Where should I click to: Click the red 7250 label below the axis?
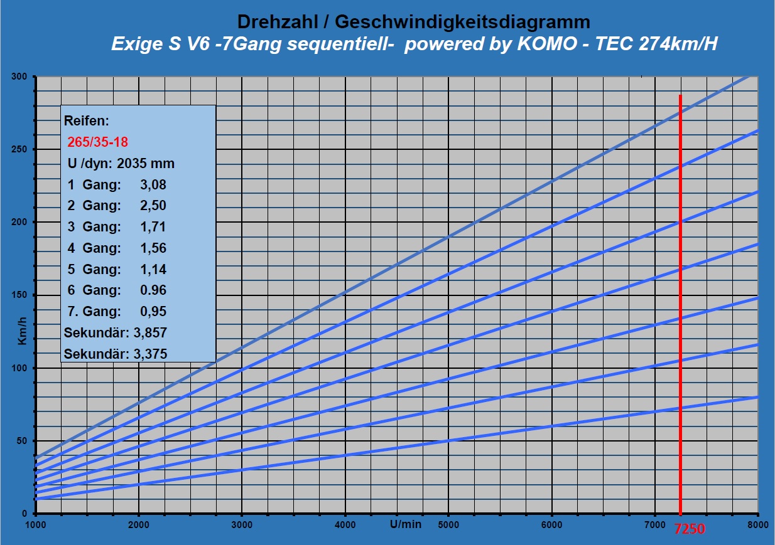[x=690, y=529]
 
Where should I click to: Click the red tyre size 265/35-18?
[x=97, y=142]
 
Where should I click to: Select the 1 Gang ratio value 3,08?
[x=154, y=184]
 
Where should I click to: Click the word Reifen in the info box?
[x=88, y=120]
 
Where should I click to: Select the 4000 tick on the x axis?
[x=345, y=524]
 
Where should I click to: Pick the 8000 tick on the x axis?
[x=757, y=524]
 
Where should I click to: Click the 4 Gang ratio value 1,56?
[x=154, y=248]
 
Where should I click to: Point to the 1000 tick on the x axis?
[x=36, y=524]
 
